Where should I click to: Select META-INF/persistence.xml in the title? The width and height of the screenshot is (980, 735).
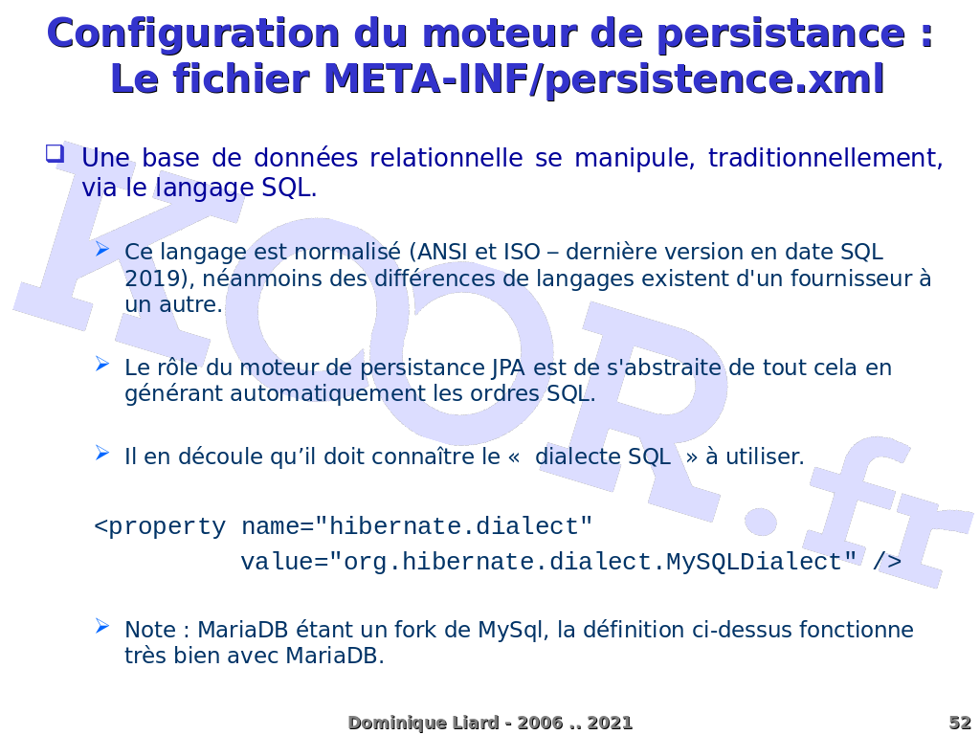coord(604,80)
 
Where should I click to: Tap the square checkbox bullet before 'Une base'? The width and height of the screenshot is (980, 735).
coord(55,154)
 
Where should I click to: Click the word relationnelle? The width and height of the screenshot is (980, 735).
coord(446,158)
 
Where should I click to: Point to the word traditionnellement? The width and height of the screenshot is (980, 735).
coord(825,158)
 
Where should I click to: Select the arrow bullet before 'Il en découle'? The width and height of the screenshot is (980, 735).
coord(102,453)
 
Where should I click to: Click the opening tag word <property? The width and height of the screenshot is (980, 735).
coord(160,527)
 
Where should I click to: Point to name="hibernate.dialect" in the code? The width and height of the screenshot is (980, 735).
coord(416,527)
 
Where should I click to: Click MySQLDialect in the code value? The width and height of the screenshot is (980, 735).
coord(754,562)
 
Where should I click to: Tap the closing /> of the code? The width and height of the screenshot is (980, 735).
coord(887,562)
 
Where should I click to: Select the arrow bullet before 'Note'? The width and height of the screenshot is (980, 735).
coord(102,626)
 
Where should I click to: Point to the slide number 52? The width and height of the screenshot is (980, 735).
coord(960,724)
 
